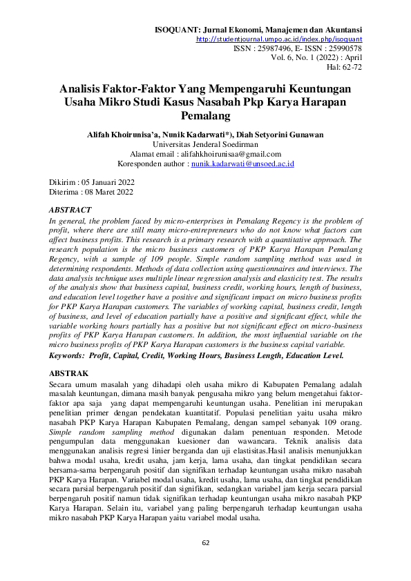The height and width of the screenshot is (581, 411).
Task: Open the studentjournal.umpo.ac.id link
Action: point(279,40)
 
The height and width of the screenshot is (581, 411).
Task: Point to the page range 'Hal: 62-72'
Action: point(344,68)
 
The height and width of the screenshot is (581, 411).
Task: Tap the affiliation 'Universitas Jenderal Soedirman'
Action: point(205,144)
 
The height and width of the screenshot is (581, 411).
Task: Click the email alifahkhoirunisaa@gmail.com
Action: point(230,154)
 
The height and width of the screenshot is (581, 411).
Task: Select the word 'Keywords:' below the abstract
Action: point(69,355)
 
